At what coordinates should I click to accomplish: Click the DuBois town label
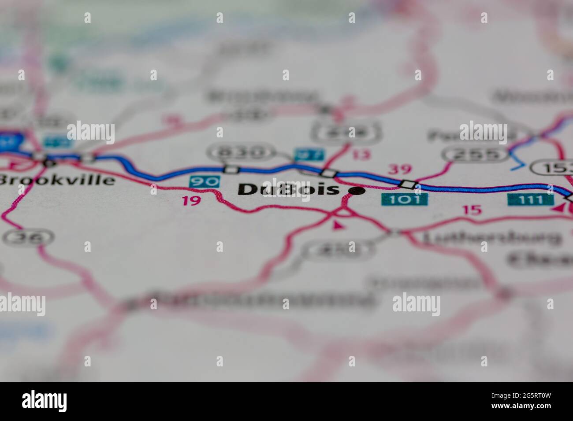click(289, 189)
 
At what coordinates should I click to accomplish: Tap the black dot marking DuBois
click(357, 191)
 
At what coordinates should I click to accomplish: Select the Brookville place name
click(57, 180)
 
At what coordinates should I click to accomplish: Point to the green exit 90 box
click(205, 181)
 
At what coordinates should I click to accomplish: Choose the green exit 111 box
click(530, 199)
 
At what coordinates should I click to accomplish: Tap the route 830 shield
click(239, 152)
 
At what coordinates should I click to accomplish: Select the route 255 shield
click(475, 154)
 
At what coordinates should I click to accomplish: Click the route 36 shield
click(28, 238)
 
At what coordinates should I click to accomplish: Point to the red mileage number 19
click(191, 201)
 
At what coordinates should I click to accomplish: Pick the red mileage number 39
click(399, 169)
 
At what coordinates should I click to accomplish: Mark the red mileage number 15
click(472, 210)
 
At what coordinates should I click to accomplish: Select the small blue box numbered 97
click(309, 155)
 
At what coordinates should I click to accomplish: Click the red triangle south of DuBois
click(338, 225)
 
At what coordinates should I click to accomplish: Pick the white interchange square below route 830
click(231, 169)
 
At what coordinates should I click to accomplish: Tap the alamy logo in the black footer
click(45, 401)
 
